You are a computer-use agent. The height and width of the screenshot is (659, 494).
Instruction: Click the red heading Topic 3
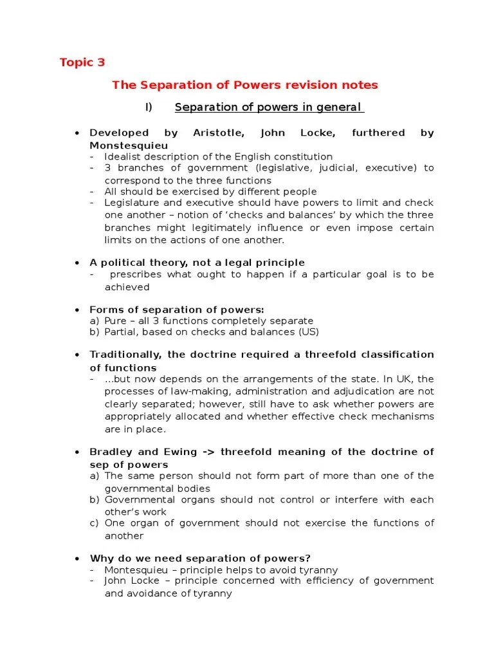click(82, 62)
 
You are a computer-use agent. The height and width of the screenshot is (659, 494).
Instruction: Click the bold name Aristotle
click(219, 133)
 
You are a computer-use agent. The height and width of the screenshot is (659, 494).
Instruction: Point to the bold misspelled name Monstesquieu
click(128, 145)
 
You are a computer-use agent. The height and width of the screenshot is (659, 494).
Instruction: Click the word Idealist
click(125, 157)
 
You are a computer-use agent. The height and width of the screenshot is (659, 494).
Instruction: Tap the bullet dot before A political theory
click(77, 263)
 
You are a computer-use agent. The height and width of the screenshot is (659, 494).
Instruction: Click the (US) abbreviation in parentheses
click(307, 332)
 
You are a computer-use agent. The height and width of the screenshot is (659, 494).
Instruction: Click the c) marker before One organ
click(95, 523)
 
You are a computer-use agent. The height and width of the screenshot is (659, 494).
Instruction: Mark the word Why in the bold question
click(100, 558)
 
